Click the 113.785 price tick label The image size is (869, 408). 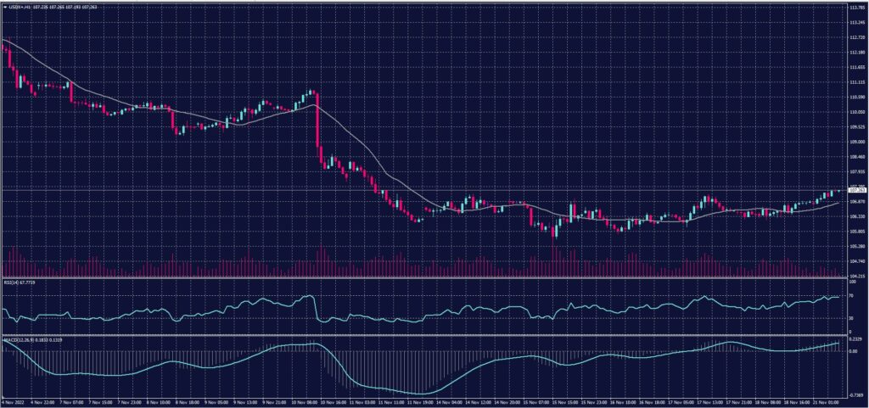[x=855, y=7]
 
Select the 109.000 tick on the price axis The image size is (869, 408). [x=855, y=143]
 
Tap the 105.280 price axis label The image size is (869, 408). [x=855, y=247]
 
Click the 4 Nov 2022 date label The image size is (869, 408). [x=14, y=401]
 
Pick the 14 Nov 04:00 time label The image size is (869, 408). [x=450, y=401]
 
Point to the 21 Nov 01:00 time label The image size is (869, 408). [x=827, y=401]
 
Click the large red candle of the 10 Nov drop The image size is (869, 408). [x=317, y=127]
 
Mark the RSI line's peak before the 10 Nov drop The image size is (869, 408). [x=310, y=296]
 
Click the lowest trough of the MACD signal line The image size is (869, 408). [x=416, y=394]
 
